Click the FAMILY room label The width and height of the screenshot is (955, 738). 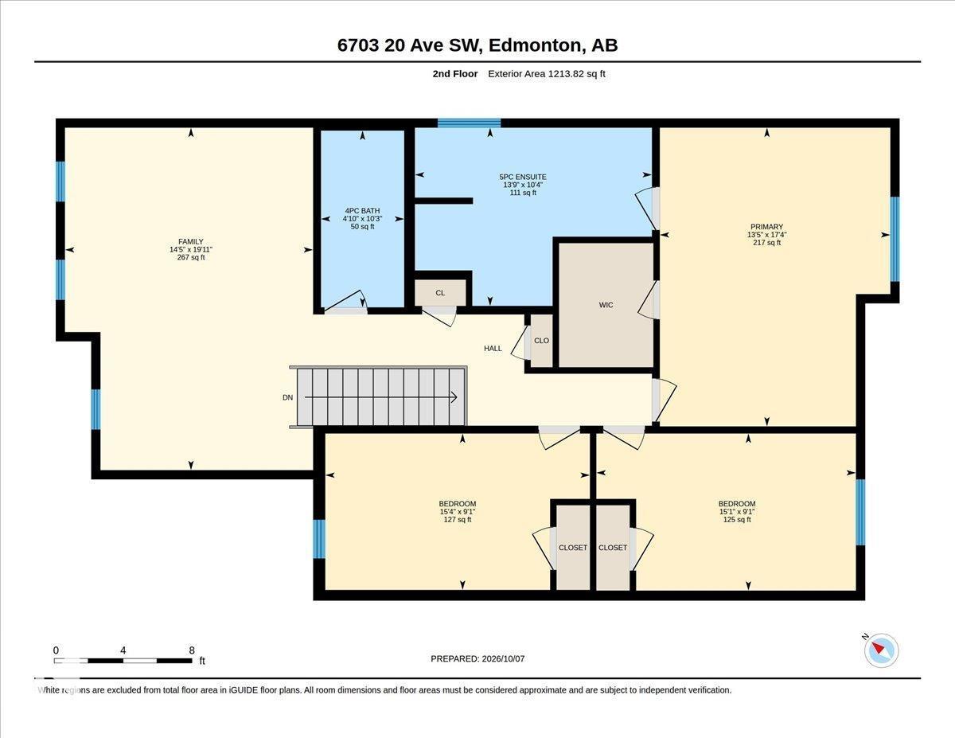point(191,242)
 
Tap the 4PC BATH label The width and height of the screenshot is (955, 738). point(362,211)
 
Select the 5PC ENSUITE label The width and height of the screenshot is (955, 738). point(523,177)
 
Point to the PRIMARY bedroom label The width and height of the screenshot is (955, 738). point(766,227)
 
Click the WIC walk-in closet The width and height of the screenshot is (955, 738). point(606,305)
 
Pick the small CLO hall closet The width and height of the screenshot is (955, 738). point(541,341)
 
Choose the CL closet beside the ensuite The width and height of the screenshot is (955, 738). point(440,293)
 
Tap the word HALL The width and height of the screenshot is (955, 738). point(493,349)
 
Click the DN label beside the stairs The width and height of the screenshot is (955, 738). point(287,398)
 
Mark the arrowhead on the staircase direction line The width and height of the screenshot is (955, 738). point(454,397)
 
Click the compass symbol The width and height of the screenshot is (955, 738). point(881,650)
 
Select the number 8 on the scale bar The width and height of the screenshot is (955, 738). point(192,650)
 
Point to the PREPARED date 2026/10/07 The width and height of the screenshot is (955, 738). point(503,659)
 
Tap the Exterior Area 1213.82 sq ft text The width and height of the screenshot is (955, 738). point(546,74)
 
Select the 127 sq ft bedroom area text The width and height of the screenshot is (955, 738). point(458,520)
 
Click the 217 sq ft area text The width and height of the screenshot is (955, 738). point(766,243)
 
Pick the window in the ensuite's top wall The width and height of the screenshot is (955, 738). point(469,123)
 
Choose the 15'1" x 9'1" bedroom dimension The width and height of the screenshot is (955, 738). point(737,512)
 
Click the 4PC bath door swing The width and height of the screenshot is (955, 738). point(346,303)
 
